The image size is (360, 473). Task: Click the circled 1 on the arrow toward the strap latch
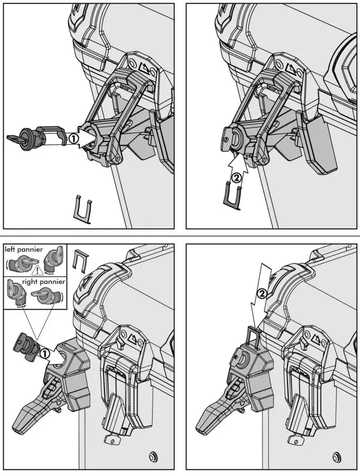click(74, 139)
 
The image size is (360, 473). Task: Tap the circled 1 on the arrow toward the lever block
click(46, 352)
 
